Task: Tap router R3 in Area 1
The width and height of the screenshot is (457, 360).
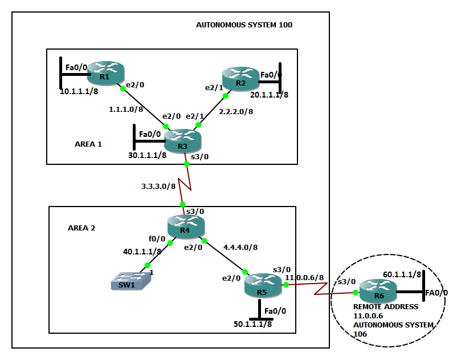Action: [182, 140]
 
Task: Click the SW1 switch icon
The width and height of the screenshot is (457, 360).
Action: [132, 281]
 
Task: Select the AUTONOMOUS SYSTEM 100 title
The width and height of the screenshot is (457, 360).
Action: [244, 25]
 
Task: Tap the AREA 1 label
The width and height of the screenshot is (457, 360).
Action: [88, 144]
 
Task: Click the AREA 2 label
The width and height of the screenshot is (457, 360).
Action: [81, 228]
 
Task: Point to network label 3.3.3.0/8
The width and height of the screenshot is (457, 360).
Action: [158, 186]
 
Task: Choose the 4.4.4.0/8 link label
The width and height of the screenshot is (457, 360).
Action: [239, 248]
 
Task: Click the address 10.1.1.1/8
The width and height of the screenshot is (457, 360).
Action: [79, 90]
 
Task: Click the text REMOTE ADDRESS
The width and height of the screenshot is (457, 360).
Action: [386, 306]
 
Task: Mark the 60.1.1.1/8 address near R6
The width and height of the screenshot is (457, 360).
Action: [402, 274]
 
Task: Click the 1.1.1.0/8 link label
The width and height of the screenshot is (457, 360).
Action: [127, 108]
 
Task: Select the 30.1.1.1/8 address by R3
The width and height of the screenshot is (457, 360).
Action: [147, 155]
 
